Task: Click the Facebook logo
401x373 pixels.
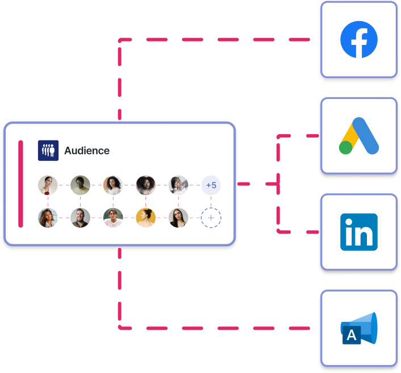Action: pos(359,39)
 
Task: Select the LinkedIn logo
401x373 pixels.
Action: pos(359,231)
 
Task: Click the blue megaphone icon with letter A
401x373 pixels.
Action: pos(359,329)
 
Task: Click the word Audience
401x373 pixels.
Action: pos(87,151)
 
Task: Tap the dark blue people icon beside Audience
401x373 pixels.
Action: pos(48,151)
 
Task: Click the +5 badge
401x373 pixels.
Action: pos(211,185)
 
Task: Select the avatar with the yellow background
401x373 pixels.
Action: pos(146,218)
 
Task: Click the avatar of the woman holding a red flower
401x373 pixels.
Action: pos(48,185)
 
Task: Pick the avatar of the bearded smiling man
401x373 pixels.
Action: pos(81,218)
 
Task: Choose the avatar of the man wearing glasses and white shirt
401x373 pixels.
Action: pos(113,218)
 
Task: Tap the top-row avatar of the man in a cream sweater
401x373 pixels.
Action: pos(81,185)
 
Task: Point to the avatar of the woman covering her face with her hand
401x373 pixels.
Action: pos(178,185)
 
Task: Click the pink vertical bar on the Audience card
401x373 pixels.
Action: pos(21,184)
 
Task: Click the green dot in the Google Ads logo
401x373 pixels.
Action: pos(345,148)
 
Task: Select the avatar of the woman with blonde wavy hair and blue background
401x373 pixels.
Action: pos(48,218)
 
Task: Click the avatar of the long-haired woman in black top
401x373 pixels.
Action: pos(178,218)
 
